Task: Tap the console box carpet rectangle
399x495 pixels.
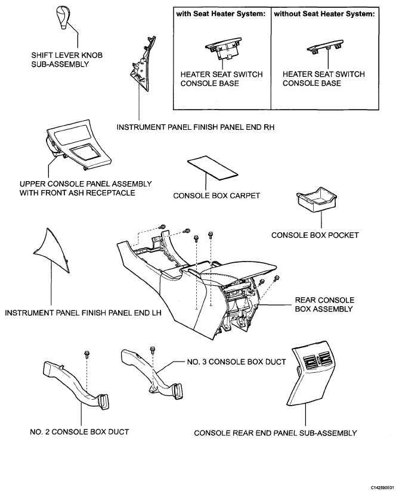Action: point(212,168)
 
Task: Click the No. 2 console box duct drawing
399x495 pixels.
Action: point(75,385)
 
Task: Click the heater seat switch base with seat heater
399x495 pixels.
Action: point(223,49)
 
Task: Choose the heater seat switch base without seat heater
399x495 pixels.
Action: point(325,46)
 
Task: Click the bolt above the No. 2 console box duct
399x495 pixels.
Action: point(86,354)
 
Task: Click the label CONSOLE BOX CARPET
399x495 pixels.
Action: point(216,196)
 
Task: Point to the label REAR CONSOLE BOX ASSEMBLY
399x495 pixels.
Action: point(324,304)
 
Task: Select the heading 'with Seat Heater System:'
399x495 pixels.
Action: point(221,14)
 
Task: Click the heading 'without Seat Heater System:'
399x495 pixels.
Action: point(324,14)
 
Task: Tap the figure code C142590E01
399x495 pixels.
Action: point(382,488)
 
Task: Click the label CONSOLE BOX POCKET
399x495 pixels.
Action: point(315,235)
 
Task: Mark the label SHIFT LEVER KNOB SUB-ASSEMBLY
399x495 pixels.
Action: point(67,60)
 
